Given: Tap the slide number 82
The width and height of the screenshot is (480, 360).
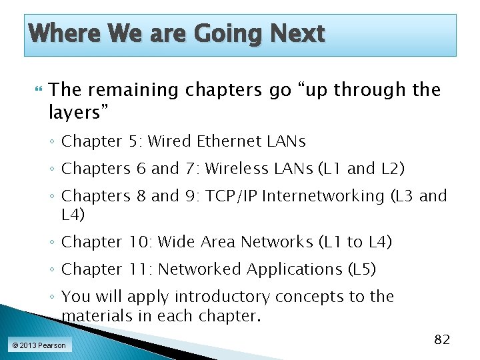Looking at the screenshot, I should click(x=442, y=339).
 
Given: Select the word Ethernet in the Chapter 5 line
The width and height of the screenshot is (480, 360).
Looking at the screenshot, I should click(x=205, y=141).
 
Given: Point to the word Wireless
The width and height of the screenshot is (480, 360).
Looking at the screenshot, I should click(x=233, y=169).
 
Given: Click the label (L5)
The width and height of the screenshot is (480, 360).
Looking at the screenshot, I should click(x=362, y=269).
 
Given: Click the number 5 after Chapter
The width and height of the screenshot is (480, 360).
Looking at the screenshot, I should click(x=134, y=141).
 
